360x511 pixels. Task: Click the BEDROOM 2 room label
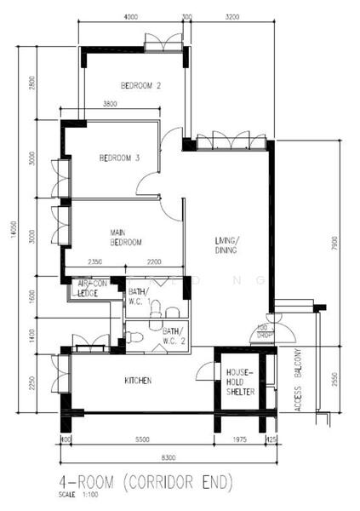click(x=140, y=85)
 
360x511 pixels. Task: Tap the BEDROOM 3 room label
click(x=119, y=158)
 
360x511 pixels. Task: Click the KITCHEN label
click(x=138, y=380)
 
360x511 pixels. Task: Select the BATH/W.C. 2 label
click(x=173, y=335)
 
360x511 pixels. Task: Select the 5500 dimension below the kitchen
click(x=142, y=439)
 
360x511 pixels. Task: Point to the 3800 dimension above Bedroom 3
click(x=111, y=104)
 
